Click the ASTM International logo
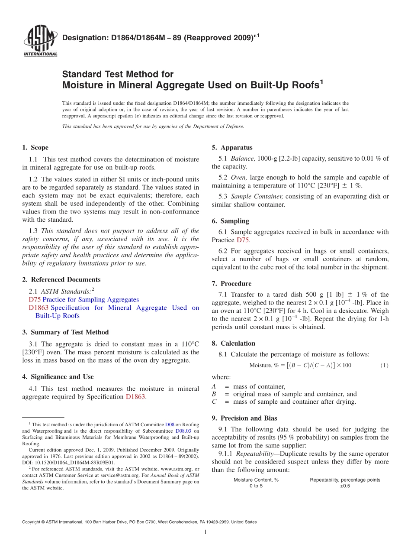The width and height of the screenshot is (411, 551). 40,41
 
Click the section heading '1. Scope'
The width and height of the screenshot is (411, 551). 35,148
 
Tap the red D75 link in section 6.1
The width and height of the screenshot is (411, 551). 243,240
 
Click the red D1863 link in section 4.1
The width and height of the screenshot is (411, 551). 135,397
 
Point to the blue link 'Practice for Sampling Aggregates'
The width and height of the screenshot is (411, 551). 91,300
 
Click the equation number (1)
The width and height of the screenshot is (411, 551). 384,366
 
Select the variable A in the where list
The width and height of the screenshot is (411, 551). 214,386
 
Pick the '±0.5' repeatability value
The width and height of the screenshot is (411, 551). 345,486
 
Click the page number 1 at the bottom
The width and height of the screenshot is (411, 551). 205,532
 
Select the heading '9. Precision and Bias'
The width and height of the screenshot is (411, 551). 244,418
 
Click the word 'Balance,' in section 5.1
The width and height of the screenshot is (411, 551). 243,159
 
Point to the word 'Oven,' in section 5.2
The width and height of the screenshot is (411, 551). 239,178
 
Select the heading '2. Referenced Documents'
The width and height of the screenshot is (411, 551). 61,280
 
